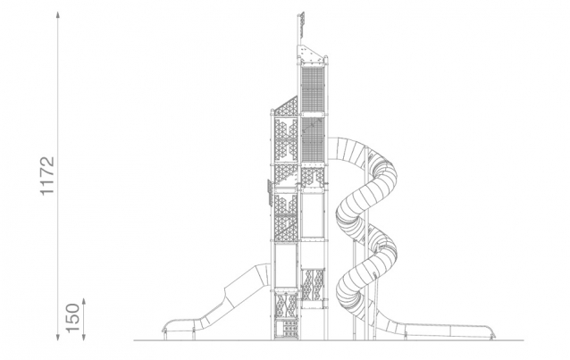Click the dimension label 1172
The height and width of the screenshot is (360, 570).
(47, 176)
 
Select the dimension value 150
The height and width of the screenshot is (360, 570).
(72, 317)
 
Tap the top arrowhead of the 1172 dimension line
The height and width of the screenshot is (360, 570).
(58, 14)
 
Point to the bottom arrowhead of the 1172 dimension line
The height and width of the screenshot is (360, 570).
(58, 338)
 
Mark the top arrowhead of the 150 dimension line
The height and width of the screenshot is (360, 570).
(84, 301)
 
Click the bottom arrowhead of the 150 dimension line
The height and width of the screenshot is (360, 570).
(84, 338)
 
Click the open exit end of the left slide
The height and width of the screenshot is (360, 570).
(164, 330)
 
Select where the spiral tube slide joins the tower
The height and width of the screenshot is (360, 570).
(330, 148)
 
